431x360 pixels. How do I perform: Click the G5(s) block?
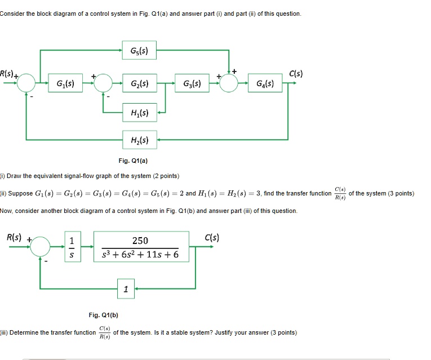tap(140, 52)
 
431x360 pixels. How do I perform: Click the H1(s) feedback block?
tap(140, 113)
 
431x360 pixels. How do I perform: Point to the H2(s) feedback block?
tap(140, 139)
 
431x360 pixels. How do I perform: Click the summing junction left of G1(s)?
tap(26, 83)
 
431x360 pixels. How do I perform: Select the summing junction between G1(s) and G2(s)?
tap(102, 83)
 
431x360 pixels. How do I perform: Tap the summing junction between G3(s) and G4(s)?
tap(228, 83)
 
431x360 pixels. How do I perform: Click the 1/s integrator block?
tap(72, 247)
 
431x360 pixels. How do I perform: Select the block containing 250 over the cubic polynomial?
tap(140, 247)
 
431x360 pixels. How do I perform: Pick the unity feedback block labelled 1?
tap(126, 289)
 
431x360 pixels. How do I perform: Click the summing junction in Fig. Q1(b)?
tap(41, 246)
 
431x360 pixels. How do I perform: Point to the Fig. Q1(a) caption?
tap(136, 161)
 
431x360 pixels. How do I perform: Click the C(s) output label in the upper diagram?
tap(296, 73)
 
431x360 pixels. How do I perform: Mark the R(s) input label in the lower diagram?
tap(14, 237)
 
